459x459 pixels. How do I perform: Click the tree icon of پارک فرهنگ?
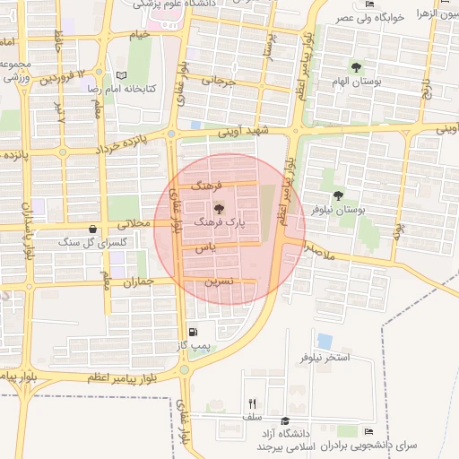pyautogui.click(x=221, y=206)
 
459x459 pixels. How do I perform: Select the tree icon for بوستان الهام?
pyautogui.click(x=356, y=67)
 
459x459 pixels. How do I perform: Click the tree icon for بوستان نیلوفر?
pyautogui.click(x=338, y=195)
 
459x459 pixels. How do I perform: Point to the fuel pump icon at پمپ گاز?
pyautogui.click(x=195, y=332)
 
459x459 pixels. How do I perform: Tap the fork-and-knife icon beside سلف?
pyautogui.click(x=252, y=403)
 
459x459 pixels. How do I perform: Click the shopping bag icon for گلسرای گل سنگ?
pyautogui.click(x=93, y=229)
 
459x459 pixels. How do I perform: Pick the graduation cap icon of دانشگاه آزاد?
pyautogui.click(x=284, y=421)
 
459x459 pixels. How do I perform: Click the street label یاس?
pyautogui.click(x=206, y=248)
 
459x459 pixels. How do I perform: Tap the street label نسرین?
pyautogui.click(x=220, y=280)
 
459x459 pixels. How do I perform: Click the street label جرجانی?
pyautogui.click(x=219, y=80)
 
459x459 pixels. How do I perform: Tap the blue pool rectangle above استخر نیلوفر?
pyautogui.click(x=324, y=342)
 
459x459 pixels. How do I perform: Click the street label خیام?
pyautogui.click(x=140, y=34)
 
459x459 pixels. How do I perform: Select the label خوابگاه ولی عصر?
pyautogui.click(x=396, y=18)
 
